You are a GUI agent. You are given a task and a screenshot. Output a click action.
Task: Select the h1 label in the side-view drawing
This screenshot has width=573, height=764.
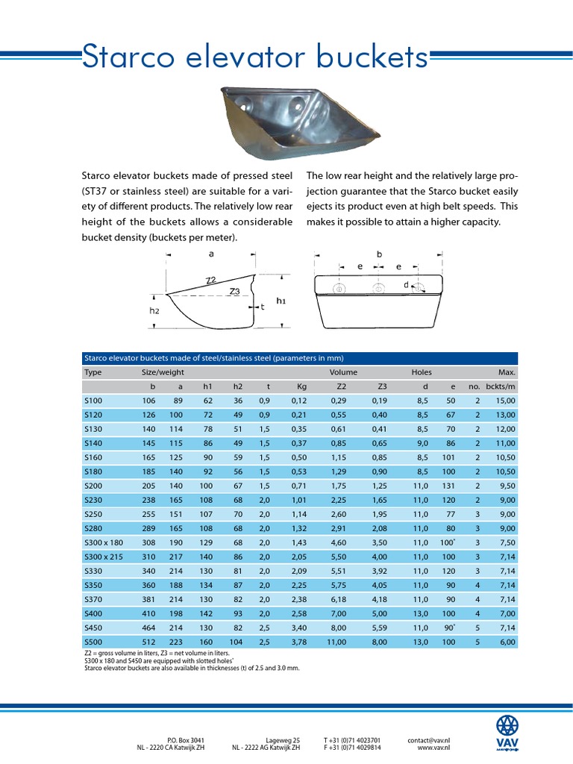pyautogui.click(x=281, y=301)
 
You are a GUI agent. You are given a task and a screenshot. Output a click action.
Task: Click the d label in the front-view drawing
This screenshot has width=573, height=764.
pyautogui.click(x=407, y=284)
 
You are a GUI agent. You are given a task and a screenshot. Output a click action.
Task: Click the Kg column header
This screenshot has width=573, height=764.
pyautogui.click(x=301, y=386)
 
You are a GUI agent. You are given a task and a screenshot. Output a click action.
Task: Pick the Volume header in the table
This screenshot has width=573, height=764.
pyautogui.click(x=343, y=372)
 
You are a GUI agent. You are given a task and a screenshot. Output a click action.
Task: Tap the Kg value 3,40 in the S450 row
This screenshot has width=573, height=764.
pyautogui.click(x=298, y=627)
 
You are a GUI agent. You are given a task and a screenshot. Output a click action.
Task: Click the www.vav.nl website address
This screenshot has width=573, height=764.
pyautogui.click(x=433, y=747)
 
